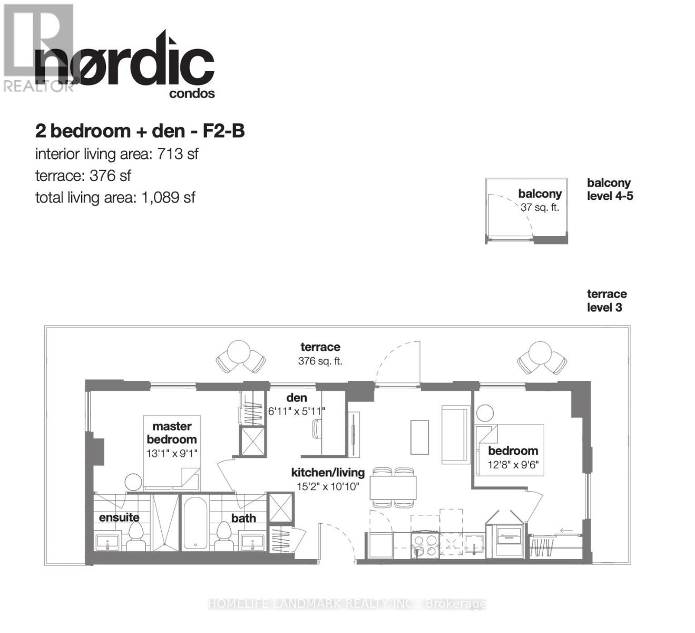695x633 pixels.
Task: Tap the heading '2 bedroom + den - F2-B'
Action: click(x=140, y=131)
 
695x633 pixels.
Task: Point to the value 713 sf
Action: click(x=178, y=154)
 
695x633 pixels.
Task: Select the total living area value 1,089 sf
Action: click(x=169, y=198)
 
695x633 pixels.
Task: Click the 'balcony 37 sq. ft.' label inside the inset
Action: click(x=540, y=200)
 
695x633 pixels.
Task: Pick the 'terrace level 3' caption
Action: click(x=606, y=301)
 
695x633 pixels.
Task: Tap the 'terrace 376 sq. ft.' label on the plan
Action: click(x=320, y=354)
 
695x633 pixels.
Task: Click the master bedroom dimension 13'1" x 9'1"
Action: click(x=172, y=453)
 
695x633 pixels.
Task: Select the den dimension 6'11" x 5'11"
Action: click(x=297, y=411)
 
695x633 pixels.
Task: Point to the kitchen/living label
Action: click(x=328, y=473)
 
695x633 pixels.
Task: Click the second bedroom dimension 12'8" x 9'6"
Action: click(x=513, y=464)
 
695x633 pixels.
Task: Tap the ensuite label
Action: click(x=119, y=517)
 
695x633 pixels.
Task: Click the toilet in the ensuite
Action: click(x=136, y=536)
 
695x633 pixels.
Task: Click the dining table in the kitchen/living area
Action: click(x=393, y=487)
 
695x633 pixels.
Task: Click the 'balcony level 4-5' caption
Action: click(x=610, y=189)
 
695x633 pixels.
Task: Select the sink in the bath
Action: click(x=252, y=542)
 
